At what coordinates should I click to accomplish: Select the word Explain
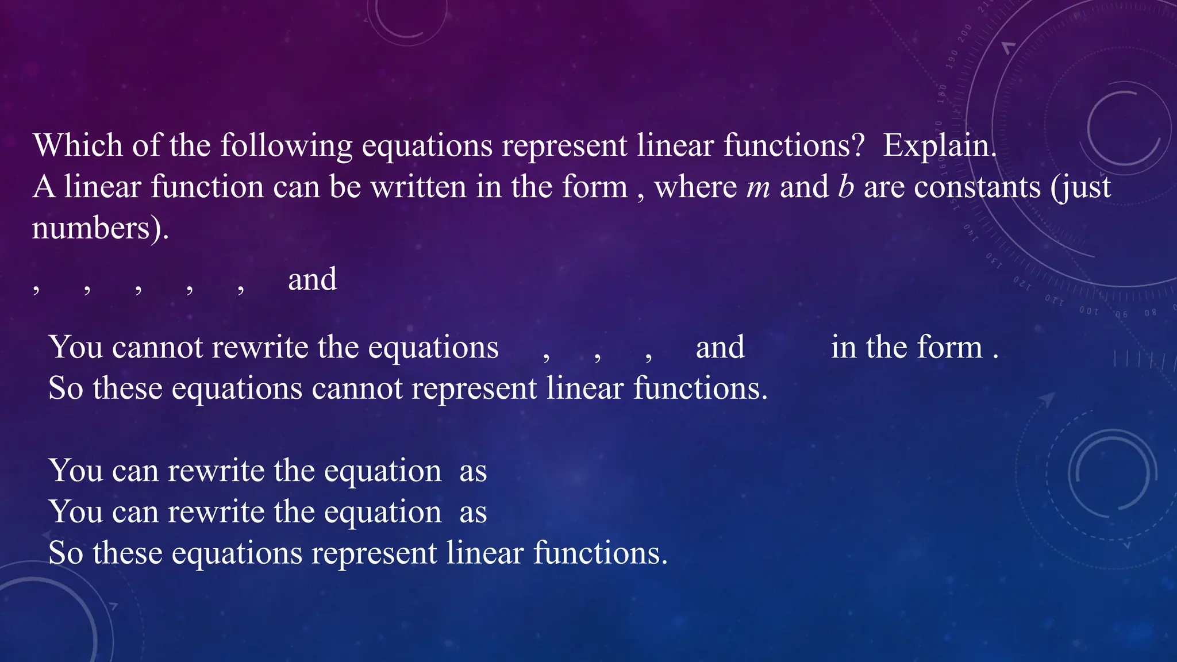click(x=939, y=146)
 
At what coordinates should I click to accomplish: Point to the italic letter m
click(x=758, y=188)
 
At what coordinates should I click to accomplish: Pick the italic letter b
click(x=846, y=187)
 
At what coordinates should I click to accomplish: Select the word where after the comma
click(x=695, y=187)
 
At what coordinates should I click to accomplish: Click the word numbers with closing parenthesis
click(x=100, y=229)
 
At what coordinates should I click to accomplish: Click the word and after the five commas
click(x=312, y=280)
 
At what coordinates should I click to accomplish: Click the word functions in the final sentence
click(x=600, y=553)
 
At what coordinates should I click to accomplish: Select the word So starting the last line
click(x=66, y=553)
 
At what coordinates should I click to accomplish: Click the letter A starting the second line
click(x=44, y=187)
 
